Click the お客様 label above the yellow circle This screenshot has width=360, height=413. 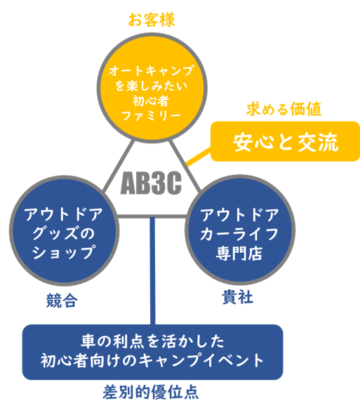coord(152,20)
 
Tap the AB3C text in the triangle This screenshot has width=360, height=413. coord(151,183)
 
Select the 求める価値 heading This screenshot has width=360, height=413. coord(284,109)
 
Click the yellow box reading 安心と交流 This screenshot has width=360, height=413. coord(285,141)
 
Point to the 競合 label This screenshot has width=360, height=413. coord(62,301)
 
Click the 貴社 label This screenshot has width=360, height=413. coord(238,297)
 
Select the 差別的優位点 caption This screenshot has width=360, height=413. coord(150,393)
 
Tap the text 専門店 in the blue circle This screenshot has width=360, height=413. coord(239,253)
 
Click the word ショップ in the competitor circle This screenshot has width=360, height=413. coord(63,252)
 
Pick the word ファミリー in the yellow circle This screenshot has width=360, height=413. coord(152,116)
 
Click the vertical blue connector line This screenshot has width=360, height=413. coord(152,270)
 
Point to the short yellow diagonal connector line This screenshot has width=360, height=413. coord(199,157)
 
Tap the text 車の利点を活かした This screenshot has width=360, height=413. coord(153,341)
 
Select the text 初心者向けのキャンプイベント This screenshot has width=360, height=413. coord(152,360)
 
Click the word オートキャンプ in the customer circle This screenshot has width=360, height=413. coord(152,70)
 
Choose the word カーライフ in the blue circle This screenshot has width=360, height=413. coord(239,234)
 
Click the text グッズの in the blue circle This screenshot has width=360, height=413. coord(63,233)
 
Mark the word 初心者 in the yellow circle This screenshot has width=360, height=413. coord(150,101)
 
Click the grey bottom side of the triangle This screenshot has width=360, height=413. coord(152,216)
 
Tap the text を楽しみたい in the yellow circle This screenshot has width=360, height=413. coord(152,86)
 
